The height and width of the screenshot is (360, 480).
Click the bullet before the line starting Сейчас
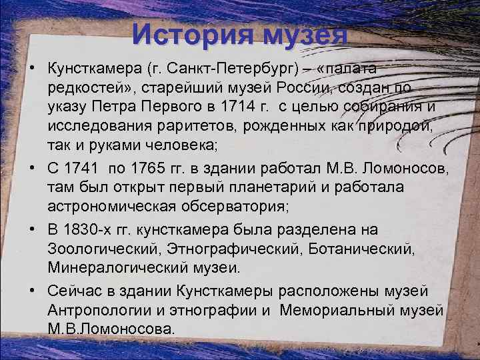(x=31, y=291)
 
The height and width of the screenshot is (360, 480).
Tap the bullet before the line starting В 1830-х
(x=31, y=230)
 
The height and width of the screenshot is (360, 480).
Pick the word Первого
(x=167, y=107)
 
